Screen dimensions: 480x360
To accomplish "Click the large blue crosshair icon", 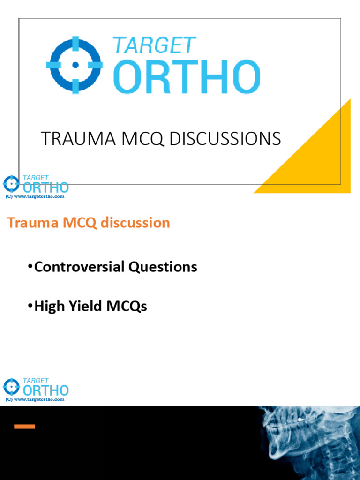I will [75, 65].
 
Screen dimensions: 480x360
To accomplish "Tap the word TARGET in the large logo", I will [154, 46].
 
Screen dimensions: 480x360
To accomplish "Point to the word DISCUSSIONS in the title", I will [225, 139].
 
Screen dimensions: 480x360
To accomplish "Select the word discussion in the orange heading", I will [138, 223].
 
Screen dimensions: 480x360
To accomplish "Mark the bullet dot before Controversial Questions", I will [30, 267].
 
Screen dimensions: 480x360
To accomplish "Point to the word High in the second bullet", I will [49, 307].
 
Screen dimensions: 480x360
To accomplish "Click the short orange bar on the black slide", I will [24, 427].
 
